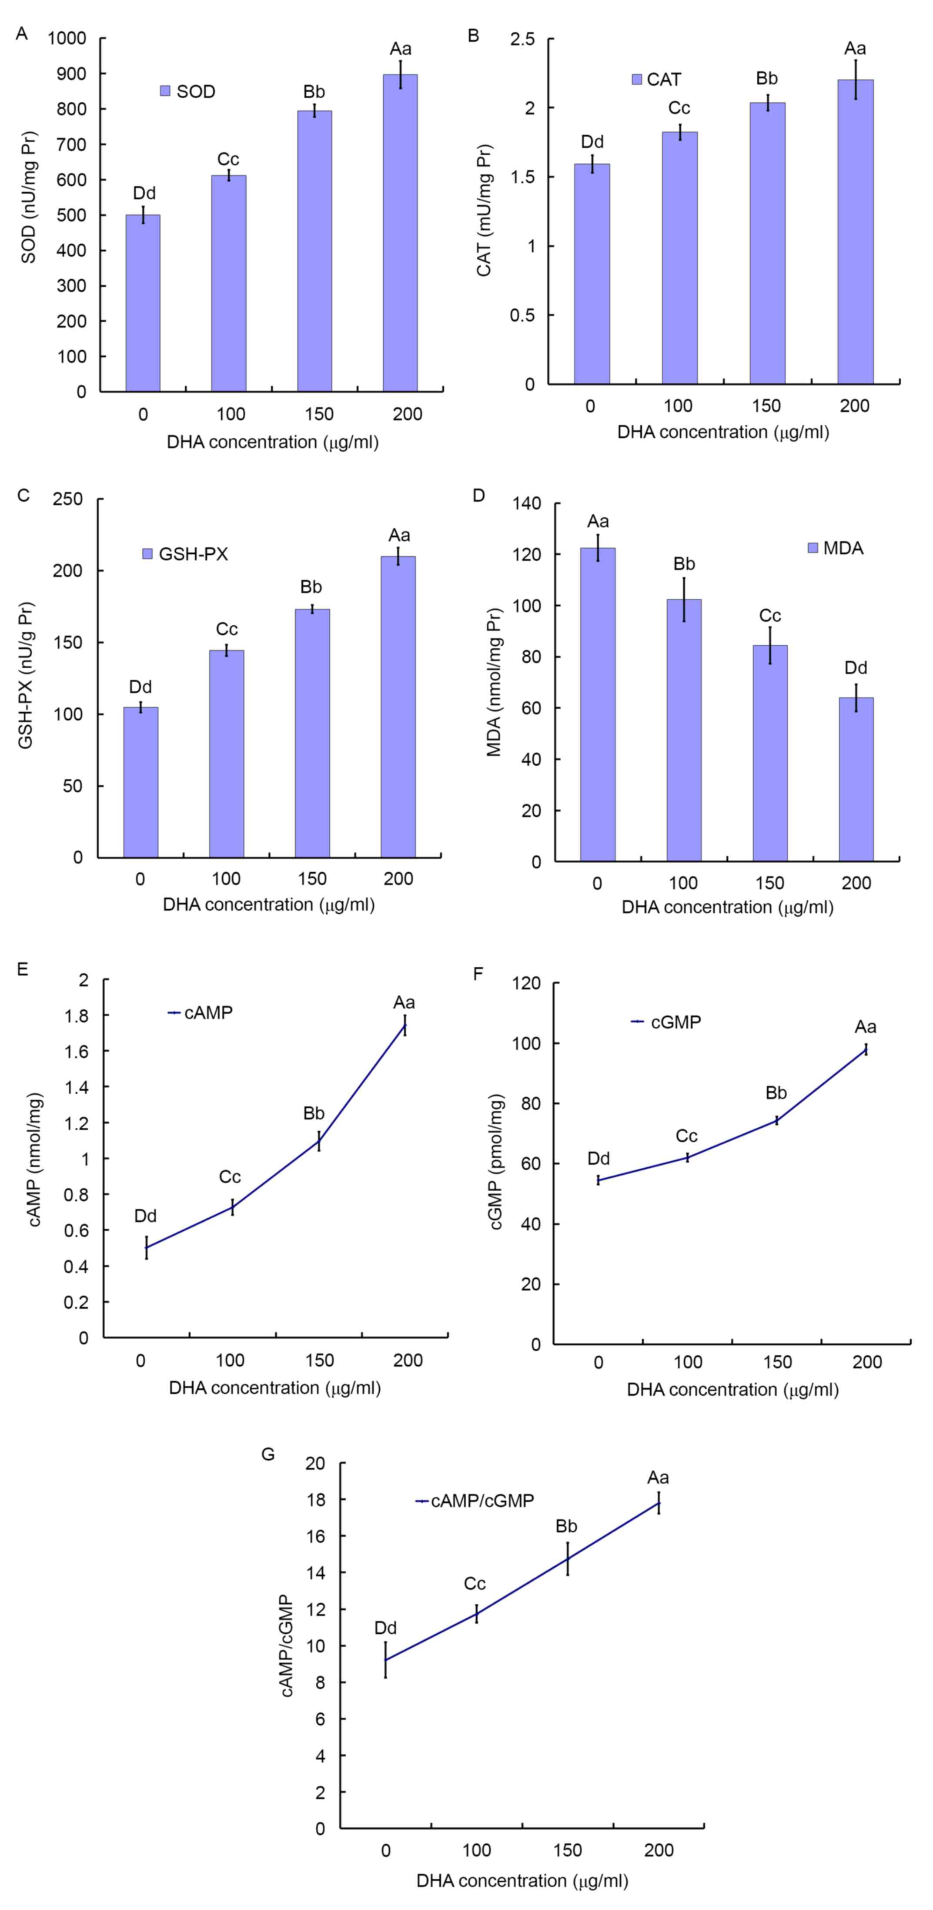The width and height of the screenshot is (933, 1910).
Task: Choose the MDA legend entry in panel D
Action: pos(834,549)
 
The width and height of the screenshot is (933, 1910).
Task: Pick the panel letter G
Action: pos(268,1455)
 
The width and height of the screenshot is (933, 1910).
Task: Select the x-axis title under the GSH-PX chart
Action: pos(269,905)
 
